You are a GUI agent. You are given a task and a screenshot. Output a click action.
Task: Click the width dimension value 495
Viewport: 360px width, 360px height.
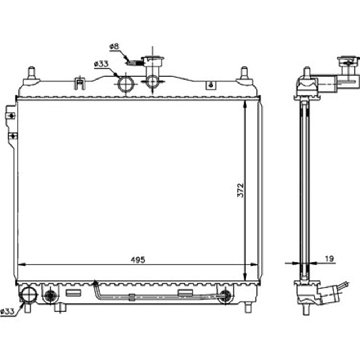138,260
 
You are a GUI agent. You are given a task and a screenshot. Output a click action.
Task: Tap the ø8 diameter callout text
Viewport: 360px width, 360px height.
114,46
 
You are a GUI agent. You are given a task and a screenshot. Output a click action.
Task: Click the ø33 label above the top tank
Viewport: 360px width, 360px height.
101,64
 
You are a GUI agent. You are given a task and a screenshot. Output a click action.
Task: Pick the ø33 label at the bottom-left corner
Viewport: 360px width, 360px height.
8,312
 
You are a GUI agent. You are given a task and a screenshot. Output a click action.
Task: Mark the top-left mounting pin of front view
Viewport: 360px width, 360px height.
31,72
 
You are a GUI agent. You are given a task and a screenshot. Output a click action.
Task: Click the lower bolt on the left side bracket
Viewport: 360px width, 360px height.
13,136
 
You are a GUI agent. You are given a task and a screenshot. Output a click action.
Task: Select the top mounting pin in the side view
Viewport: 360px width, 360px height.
307,72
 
